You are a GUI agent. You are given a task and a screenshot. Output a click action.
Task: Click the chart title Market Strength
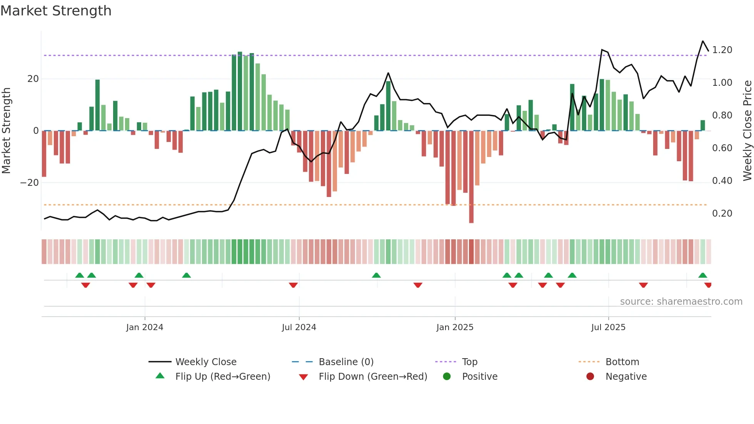[56, 11]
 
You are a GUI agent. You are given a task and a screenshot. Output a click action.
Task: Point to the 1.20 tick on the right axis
[722, 50]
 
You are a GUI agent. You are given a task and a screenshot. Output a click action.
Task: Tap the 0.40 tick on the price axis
[722, 181]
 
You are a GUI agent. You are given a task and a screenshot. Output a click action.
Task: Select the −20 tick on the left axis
[30, 183]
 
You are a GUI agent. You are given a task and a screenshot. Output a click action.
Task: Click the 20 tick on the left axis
[33, 79]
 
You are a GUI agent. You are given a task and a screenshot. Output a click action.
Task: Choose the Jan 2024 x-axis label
[145, 327]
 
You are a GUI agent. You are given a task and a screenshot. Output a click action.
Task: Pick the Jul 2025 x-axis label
[608, 327]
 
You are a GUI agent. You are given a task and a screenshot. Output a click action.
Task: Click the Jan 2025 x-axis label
[455, 327]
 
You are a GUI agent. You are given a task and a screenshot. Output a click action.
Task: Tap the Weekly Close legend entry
[206, 362]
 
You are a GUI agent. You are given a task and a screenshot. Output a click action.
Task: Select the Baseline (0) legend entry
[346, 362]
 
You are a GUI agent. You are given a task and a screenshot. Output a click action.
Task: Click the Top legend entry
[469, 362]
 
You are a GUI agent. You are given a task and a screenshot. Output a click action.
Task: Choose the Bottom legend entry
[622, 362]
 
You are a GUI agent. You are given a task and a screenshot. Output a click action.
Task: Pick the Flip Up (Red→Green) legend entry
[223, 377]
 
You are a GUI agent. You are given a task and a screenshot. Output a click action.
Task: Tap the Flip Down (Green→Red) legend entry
[373, 377]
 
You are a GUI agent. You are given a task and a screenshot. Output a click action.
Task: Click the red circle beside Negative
[590, 377]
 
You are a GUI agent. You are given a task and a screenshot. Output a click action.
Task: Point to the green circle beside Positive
[447, 377]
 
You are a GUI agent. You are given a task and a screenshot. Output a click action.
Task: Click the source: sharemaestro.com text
[681, 302]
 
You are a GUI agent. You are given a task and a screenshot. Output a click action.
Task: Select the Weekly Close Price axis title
[747, 131]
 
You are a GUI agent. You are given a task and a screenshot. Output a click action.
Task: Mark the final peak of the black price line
[703, 41]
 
